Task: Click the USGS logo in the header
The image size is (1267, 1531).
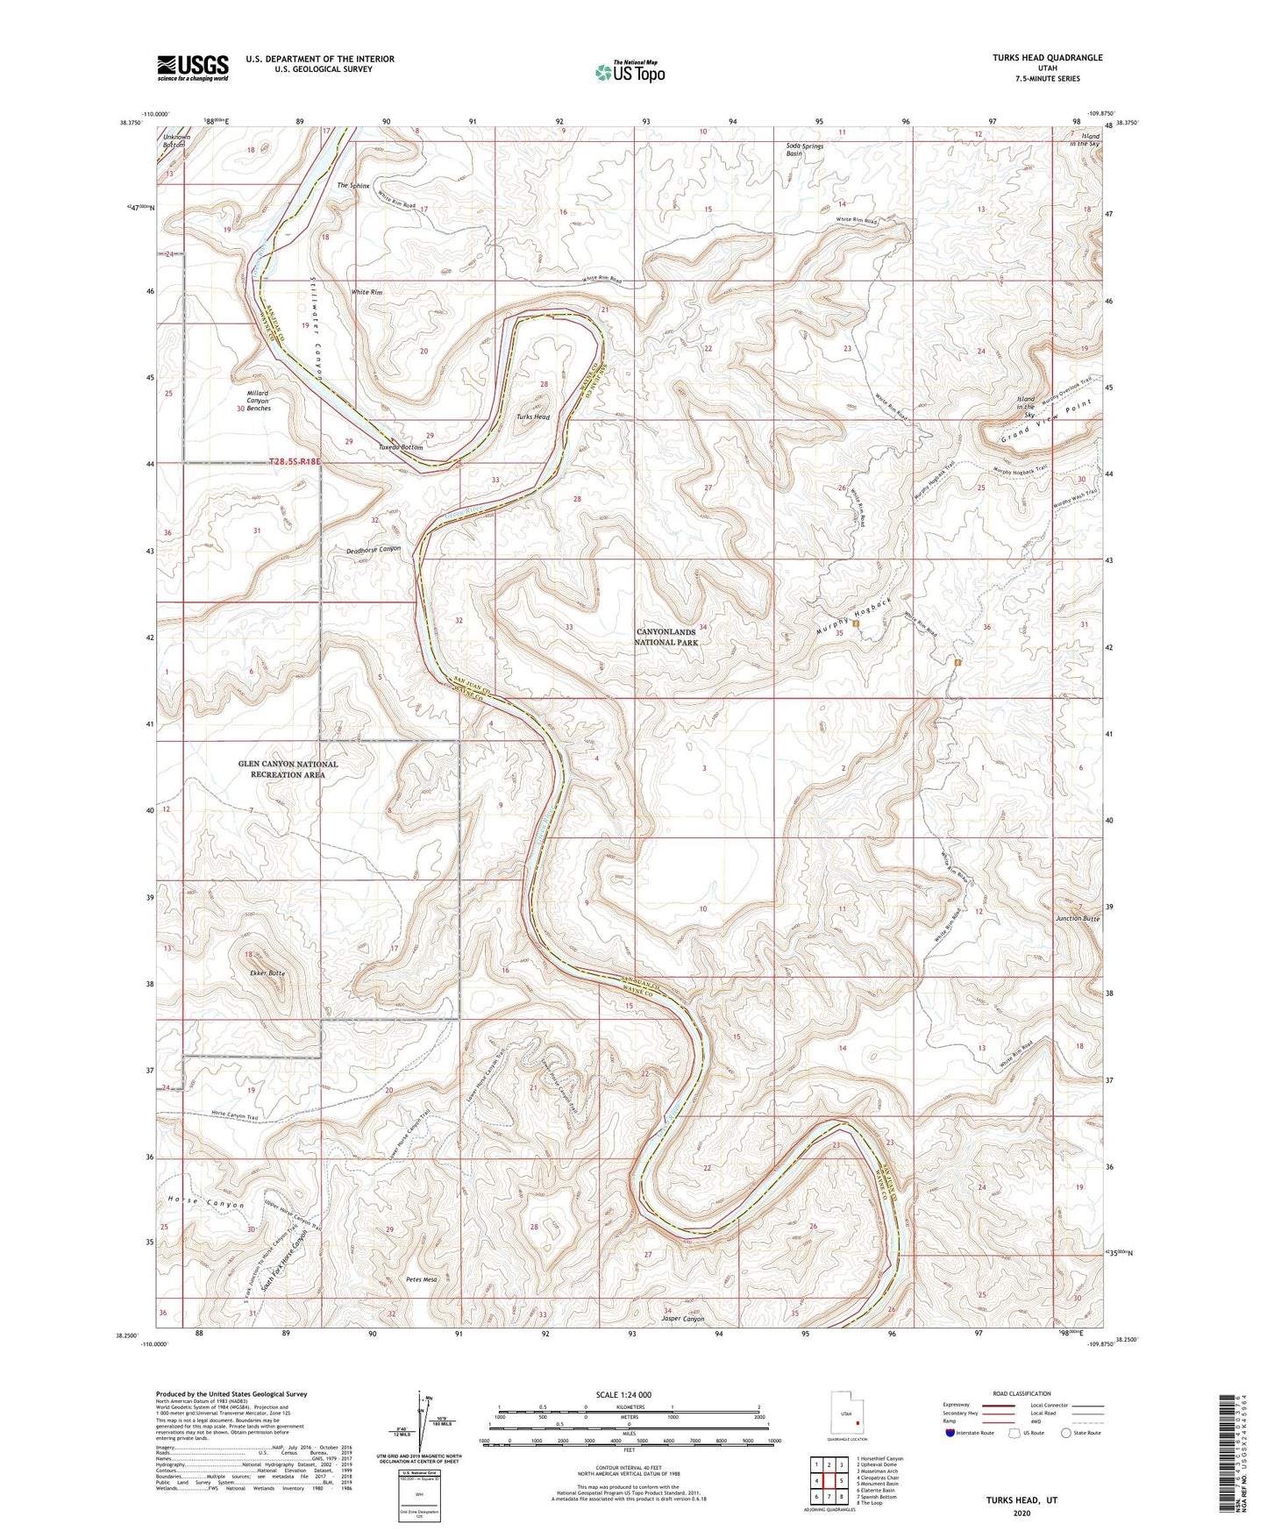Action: click(x=193, y=68)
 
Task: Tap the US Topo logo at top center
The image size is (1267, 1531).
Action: click(x=629, y=72)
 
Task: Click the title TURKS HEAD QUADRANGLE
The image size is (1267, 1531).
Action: click(x=1036, y=58)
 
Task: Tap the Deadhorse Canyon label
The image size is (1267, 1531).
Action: click(x=373, y=549)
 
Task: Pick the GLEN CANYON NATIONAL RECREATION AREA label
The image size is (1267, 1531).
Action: click(x=288, y=769)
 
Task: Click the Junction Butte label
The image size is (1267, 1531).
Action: click(x=1078, y=918)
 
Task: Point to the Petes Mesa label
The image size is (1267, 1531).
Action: click(x=421, y=1279)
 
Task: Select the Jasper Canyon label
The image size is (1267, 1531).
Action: click(x=683, y=1319)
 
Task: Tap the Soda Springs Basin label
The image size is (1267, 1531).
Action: click(x=805, y=150)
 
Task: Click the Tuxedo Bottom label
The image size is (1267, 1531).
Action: click(x=401, y=447)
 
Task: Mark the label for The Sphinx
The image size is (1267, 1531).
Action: click(x=353, y=186)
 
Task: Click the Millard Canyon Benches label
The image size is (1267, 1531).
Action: click(x=253, y=401)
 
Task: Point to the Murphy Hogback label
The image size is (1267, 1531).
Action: click(x=849, y=616)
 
